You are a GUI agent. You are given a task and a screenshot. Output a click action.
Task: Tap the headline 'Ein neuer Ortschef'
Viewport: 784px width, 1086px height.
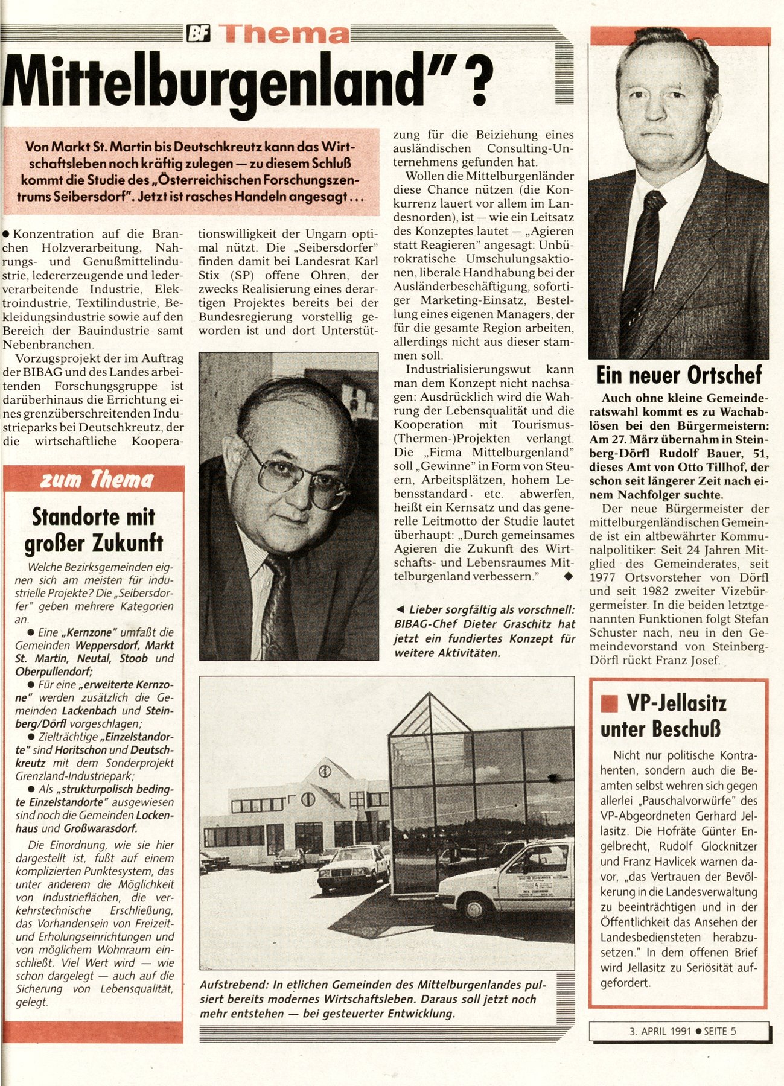click(678, 375)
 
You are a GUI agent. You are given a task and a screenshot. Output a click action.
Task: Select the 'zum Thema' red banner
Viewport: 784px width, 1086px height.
click(96, 480)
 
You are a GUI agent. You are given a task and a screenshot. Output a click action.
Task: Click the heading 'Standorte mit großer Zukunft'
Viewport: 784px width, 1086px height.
click(94, 530)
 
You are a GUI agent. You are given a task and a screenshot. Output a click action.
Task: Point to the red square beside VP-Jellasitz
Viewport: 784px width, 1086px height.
click(610, 703)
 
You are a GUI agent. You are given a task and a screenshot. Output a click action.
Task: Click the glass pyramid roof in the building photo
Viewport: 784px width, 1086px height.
click(430, 715)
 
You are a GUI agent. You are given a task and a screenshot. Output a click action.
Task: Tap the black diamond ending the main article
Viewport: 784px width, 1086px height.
click(567, 577)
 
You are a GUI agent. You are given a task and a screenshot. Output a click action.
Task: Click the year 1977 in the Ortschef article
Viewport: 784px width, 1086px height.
click(604, 578)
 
